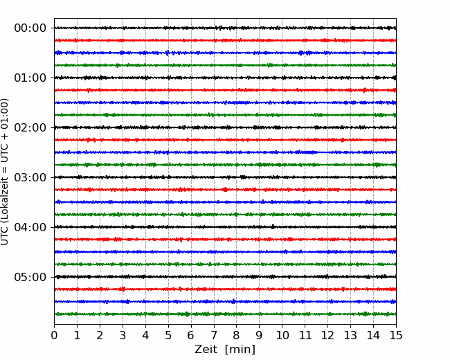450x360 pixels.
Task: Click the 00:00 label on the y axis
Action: point(30,28)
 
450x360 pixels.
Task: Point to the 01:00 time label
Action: point(30,78)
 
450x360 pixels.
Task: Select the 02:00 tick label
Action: point(30,127)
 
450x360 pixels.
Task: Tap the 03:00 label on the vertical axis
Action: point(30,177)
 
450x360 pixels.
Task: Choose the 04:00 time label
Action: point(30,227)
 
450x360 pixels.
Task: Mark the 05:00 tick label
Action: point(30,277)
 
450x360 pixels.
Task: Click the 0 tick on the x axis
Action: point(54,335)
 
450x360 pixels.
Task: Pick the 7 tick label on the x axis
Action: point(214,335)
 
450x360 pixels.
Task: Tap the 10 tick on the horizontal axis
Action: point(282,335)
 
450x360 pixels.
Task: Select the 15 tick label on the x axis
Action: point(396,335)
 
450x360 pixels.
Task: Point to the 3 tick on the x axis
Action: point(123,335)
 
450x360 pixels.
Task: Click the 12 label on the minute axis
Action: point(327,335)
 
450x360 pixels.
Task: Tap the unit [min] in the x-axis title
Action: point(240,350)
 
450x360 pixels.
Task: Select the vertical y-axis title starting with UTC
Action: point(5,172)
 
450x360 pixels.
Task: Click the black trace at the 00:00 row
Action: point(225,28)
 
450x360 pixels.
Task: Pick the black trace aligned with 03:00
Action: point(225,177)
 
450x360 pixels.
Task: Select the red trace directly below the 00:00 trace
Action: point(225,40)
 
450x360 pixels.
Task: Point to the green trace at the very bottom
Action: point(225,314)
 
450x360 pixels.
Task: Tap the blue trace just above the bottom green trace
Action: point(225,302)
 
